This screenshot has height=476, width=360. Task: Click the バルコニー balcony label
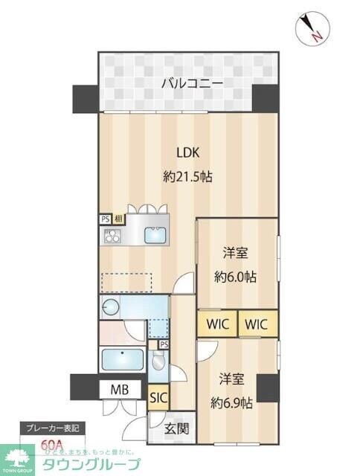192,83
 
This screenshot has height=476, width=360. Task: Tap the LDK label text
187,152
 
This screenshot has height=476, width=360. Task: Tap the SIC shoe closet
158,397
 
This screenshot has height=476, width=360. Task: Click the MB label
120,390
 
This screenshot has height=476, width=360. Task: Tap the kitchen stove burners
112,237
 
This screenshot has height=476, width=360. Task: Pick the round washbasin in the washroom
112,306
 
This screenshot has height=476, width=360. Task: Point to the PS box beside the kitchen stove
105,219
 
